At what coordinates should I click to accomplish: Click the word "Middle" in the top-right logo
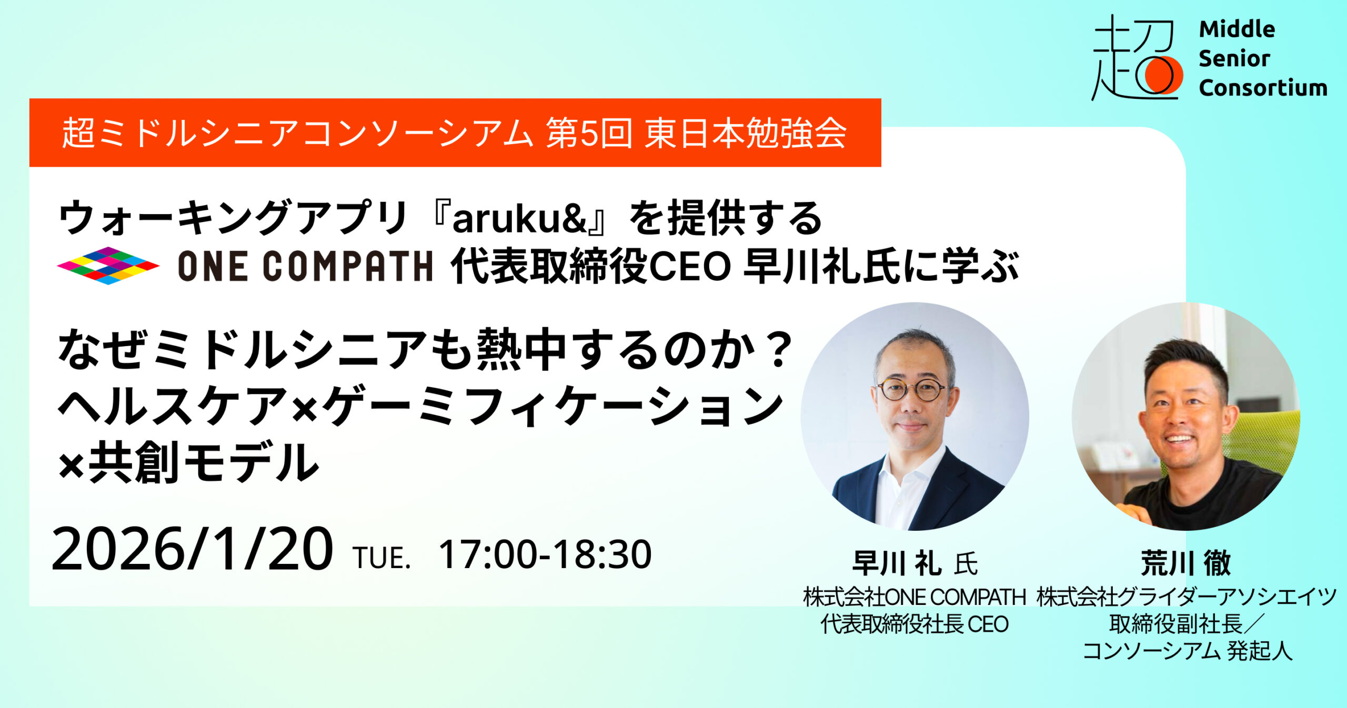pos(1237,29)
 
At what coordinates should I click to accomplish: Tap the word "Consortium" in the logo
pos(1263,88)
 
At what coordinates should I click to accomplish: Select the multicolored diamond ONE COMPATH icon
pos(108,266)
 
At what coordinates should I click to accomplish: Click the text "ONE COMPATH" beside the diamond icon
pos(305,266)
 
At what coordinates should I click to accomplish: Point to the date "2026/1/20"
pos(193,549)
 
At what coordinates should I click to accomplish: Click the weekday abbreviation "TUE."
pos(382,558)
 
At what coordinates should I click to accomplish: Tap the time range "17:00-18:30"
pos(545,554)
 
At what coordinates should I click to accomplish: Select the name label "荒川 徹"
pos(1186,563)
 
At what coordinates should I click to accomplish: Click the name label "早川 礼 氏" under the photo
pos(915,563)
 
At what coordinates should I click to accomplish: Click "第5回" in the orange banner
pos(589,133)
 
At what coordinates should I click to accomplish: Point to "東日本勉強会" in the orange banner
pos(746,133)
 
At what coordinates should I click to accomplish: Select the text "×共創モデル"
pos(188,462)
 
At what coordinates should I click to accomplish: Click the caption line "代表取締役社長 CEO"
pos(914,624)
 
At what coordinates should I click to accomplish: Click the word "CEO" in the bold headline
pos(690,267)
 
